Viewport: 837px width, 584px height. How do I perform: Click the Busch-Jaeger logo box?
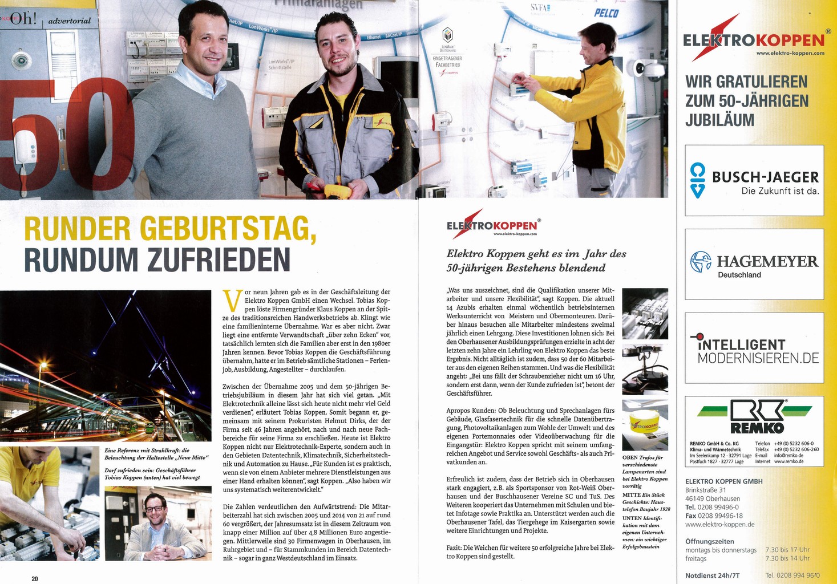tap(754, 180)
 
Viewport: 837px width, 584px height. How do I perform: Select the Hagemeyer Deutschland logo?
tap(754, 264)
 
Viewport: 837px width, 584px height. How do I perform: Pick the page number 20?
tap(35, 578)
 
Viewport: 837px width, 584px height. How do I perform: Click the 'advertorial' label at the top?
tap(70, 21)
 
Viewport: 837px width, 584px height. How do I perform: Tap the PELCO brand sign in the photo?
tap(606, 13)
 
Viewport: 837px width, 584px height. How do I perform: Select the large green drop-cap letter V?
tap(232, 301)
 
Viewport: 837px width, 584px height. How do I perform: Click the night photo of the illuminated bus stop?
tap(106, 365)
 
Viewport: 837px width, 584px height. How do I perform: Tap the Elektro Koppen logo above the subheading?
tap(492, 224)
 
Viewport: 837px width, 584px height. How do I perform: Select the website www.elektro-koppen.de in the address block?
tap(719, 524)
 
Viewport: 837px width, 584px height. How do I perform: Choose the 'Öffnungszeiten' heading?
tap(709, 541)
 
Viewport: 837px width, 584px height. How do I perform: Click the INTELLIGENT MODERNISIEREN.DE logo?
tap(754, 348)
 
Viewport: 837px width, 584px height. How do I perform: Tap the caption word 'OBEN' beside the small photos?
tap(630, 457)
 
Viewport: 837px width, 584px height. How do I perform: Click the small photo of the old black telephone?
tap(645, 370)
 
